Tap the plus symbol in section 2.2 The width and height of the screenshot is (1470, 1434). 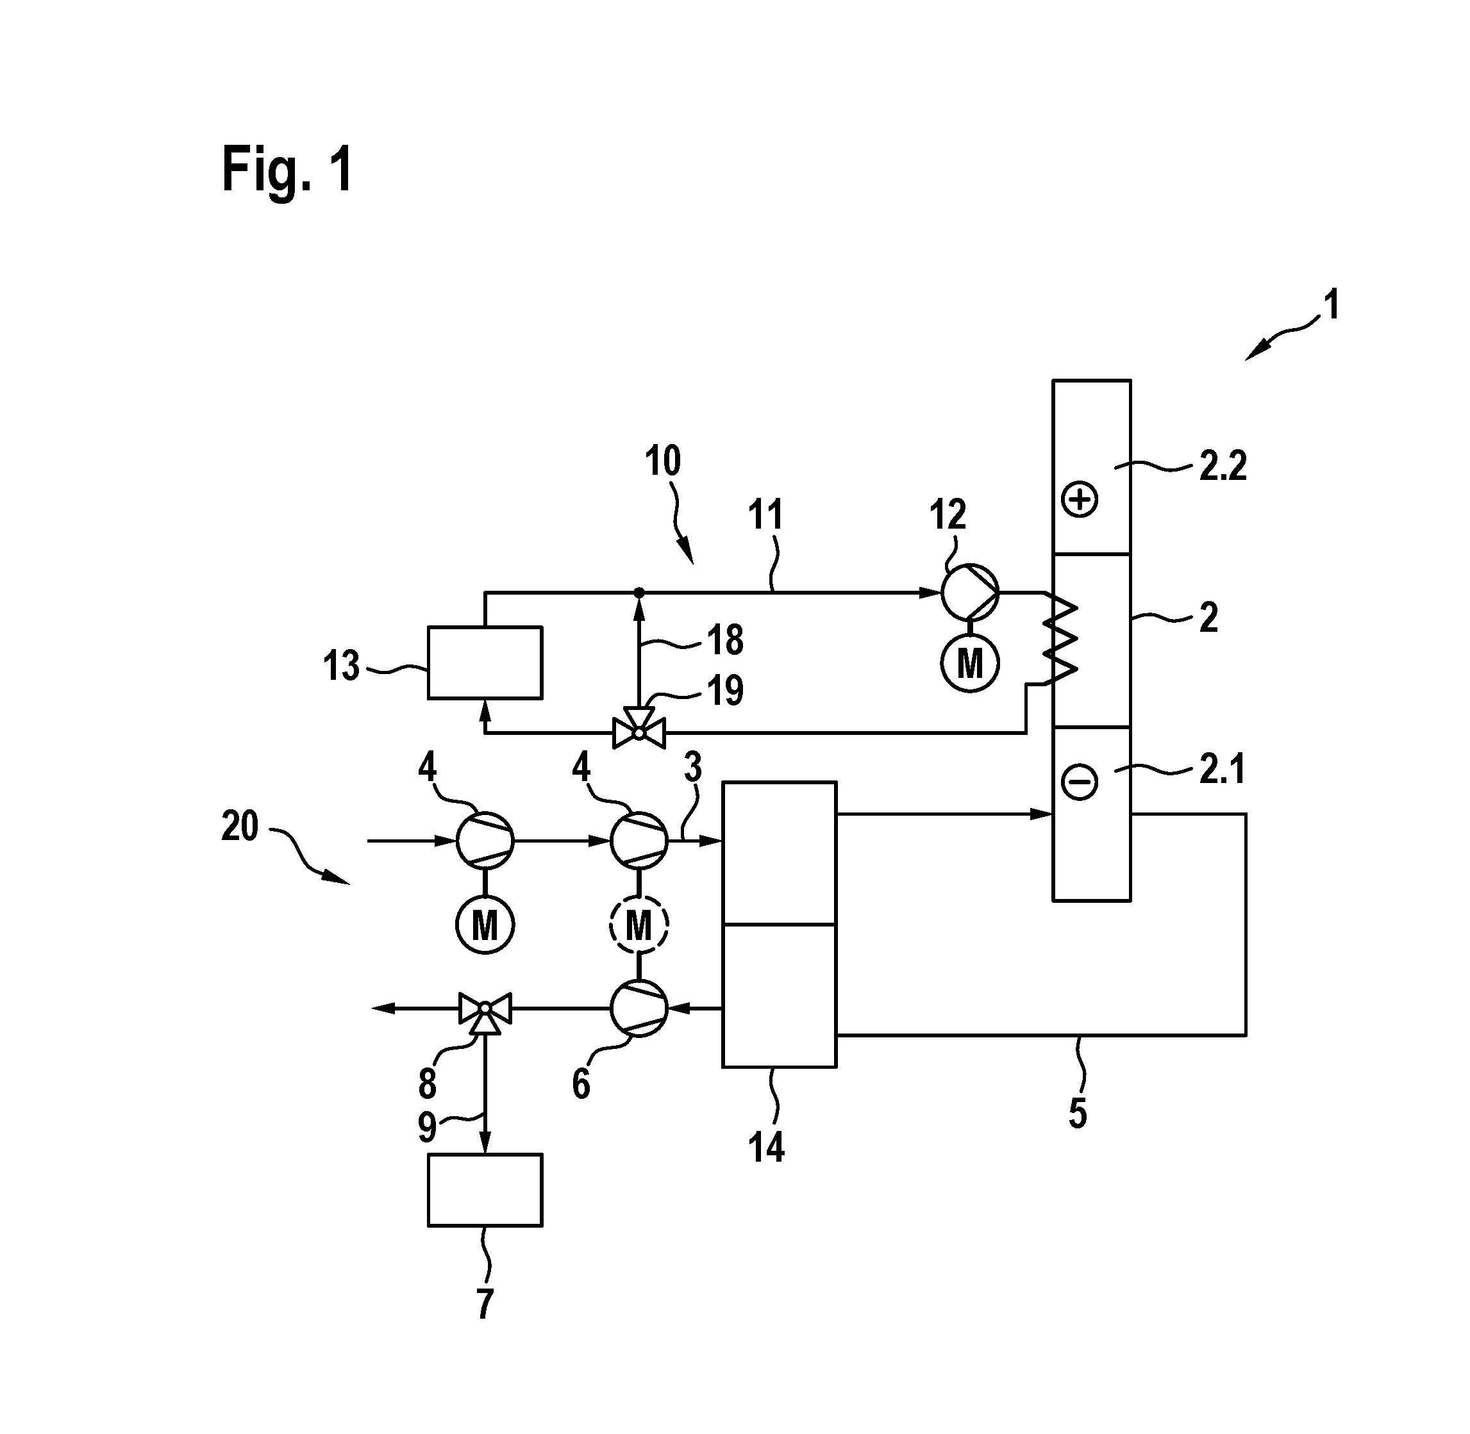(x=1079, y=499)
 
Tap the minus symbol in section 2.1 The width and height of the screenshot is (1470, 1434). (x=1079, y=782)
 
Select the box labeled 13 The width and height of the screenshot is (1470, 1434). (x=485, y=663)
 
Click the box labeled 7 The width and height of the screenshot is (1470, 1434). (x=485, y=1190)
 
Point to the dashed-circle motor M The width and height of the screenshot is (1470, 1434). (x=639, y=925)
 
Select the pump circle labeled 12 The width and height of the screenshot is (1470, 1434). (x=970, y=592)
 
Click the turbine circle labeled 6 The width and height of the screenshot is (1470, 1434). (x=639, y=1008)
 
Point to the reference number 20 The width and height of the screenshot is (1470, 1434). (x=240, y=826)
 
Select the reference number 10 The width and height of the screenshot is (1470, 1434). (x=662, y=461)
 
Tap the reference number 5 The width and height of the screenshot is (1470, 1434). (x=1078, y=1113)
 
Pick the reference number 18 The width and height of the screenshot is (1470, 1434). (x=725, y=640)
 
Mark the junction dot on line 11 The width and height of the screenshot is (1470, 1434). (x=639, y=593)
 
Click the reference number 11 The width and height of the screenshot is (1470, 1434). (x=765, y=516)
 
